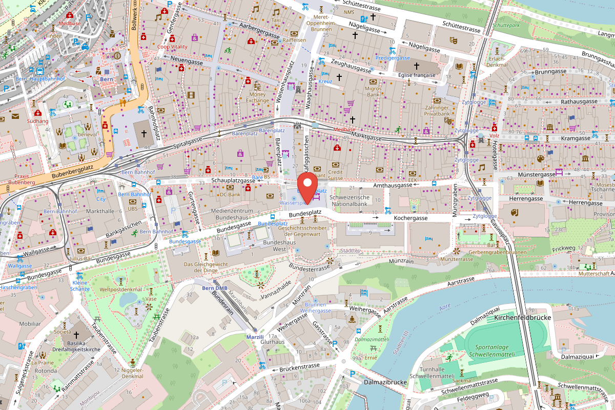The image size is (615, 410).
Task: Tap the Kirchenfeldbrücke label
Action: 522,318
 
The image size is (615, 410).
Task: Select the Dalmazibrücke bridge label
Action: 385,382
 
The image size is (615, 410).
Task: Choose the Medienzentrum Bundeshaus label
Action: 228,214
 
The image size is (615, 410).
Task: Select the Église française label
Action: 416,75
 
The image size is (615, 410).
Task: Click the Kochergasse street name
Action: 411,218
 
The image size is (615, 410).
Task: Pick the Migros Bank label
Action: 373,91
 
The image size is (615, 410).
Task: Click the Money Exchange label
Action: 257,97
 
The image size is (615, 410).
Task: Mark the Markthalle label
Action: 100,211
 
